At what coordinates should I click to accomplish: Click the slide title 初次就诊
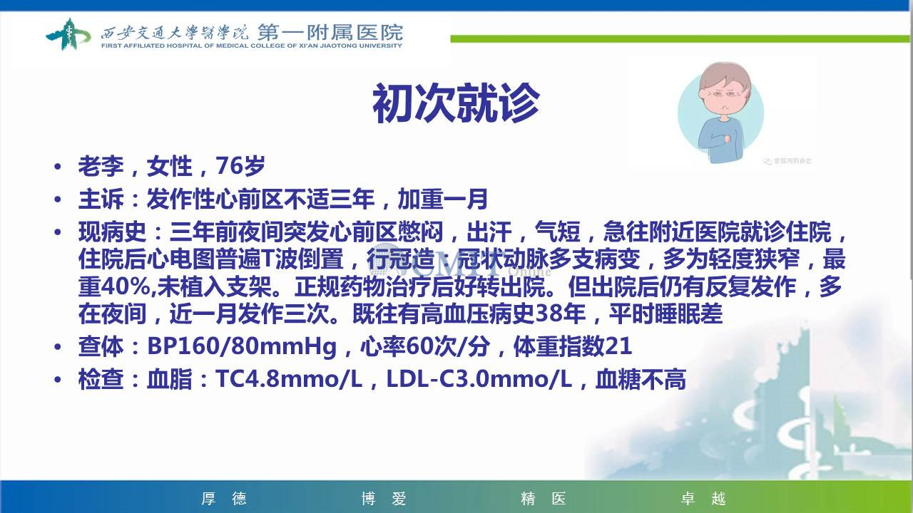(x=456, y=103)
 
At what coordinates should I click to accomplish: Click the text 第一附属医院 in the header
(x=330, y=32)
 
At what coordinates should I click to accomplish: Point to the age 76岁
(x=240, y=166)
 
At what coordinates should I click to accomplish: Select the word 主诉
(x=101, y=199)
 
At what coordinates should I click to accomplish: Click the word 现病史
(x=112, y=232)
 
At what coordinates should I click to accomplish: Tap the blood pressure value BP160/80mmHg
(x=242, y=346)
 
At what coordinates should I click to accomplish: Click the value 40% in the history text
(x=125, y=286)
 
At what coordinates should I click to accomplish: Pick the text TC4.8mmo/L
(x=289, y=380)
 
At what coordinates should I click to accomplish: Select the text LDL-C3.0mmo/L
(x=479, y=380)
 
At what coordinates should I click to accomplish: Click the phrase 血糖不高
(x=641, y=380)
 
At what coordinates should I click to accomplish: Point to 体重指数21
(x=573, y=346)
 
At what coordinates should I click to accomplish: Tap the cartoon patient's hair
(x=725, y=78)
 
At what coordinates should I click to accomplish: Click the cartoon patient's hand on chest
(x=726, y=139)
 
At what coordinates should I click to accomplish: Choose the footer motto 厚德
(x=224, y=498)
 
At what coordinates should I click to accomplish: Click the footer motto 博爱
(x=384, y=498)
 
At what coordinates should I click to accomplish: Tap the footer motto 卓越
(x=703, y=498)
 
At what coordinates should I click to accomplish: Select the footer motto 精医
(x=544, y=498)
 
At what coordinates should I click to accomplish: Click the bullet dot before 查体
(x=58, y=347)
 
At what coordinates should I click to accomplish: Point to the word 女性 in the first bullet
(x=170, y=166)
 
